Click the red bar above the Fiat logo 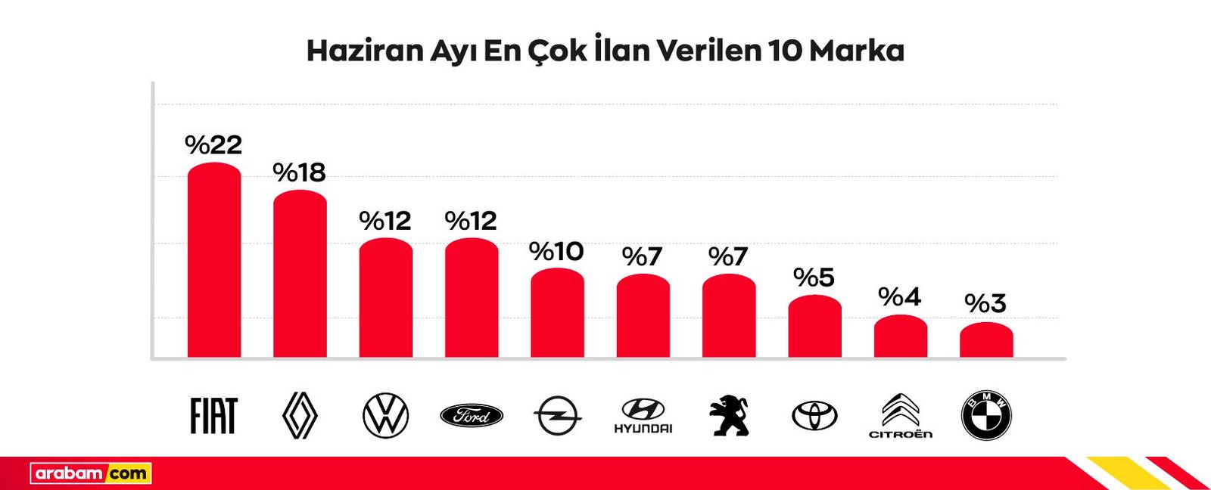214,261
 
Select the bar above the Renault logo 300,274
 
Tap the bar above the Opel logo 557,314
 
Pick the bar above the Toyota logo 814,327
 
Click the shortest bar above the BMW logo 986,340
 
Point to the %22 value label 213,144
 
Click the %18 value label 299,172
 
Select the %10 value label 556,251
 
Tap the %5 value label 814,278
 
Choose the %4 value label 899,296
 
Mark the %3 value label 985,303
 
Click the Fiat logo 213,416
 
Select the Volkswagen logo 385,416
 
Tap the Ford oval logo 472,416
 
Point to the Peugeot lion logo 729,416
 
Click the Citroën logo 900,416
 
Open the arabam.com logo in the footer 91,474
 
